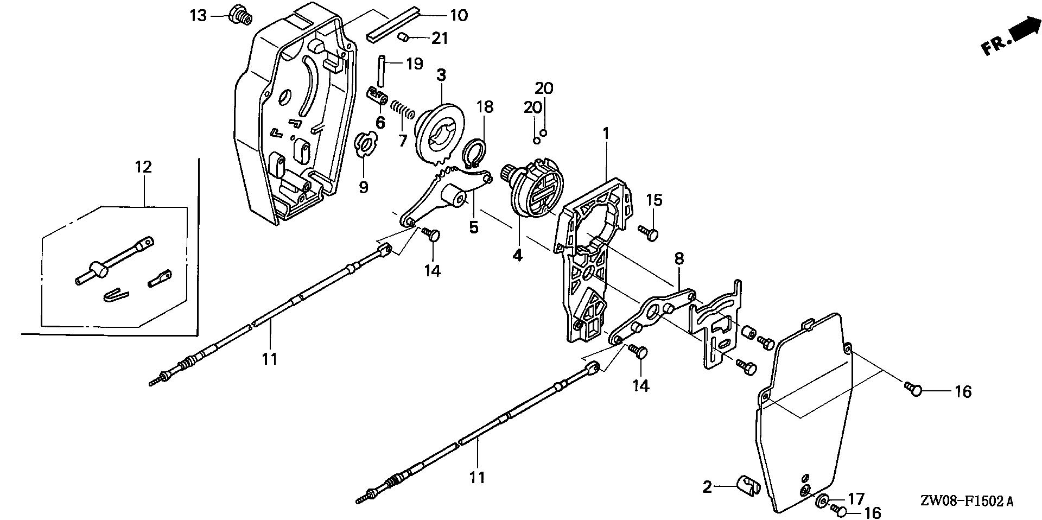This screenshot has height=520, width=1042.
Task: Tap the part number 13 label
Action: click(198, 16)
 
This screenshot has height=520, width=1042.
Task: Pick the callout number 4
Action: click(518, 255)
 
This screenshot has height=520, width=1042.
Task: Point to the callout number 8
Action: click(679, 258)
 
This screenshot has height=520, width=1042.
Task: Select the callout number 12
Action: click(143, 167)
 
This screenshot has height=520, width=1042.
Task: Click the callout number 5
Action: click(474, 227)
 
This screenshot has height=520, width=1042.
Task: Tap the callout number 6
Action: click(380, 123)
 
